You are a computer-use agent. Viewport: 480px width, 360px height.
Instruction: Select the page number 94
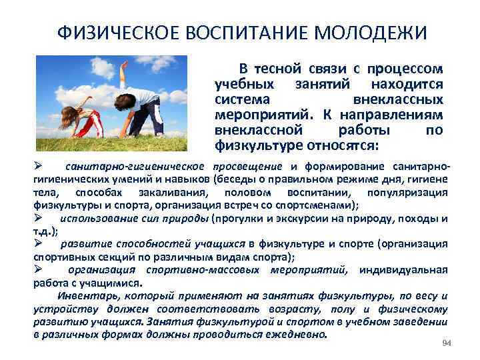pyautogui.click(x=447, y=343)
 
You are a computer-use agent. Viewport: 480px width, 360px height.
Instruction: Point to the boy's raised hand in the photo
pyautogui.click(x=123, y=66)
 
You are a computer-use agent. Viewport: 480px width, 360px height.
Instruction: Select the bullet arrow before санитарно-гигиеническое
pyautogui.click(x=39, y=165)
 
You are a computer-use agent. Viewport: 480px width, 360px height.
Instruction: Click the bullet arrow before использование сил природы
pyautogui.click(x=39, y=218)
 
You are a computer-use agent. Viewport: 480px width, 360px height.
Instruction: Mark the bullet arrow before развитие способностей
pyautogui.click(x=39, y=244)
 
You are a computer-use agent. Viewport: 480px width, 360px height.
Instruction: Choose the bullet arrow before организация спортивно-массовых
pyautogui.click(x=39, y=269)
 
